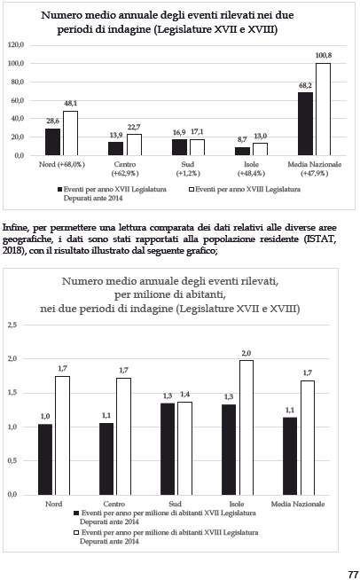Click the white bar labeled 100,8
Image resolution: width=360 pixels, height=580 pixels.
[323, 109]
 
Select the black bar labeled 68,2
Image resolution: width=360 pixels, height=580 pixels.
[305, 123]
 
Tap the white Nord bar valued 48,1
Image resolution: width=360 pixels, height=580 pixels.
[70, 133]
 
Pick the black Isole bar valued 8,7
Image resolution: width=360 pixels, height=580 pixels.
[242, 151]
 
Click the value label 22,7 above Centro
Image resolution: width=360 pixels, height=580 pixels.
[134, 127]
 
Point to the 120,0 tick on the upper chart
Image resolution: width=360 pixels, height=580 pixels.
[16, 44]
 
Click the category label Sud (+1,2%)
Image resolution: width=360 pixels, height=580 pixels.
[188, 169]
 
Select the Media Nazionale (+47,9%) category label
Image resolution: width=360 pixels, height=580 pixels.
[315, 169]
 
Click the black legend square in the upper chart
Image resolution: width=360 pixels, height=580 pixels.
[59, 190]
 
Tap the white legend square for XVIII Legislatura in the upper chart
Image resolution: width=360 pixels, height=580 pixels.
[192, 190]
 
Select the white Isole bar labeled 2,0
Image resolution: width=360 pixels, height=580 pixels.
[247, 427]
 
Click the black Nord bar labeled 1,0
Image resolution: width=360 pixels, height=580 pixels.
[45, 459]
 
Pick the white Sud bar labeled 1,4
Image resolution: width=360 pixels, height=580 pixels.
[185, 449]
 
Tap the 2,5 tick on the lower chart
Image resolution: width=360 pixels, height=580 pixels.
[12, 325]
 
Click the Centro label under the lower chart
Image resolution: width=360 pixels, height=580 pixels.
[114, 504]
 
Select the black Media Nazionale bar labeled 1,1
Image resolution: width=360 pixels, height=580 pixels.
[290, 456]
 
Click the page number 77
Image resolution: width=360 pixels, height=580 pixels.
[353, 574]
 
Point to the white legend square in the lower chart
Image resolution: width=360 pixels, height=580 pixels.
[76, 533]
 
